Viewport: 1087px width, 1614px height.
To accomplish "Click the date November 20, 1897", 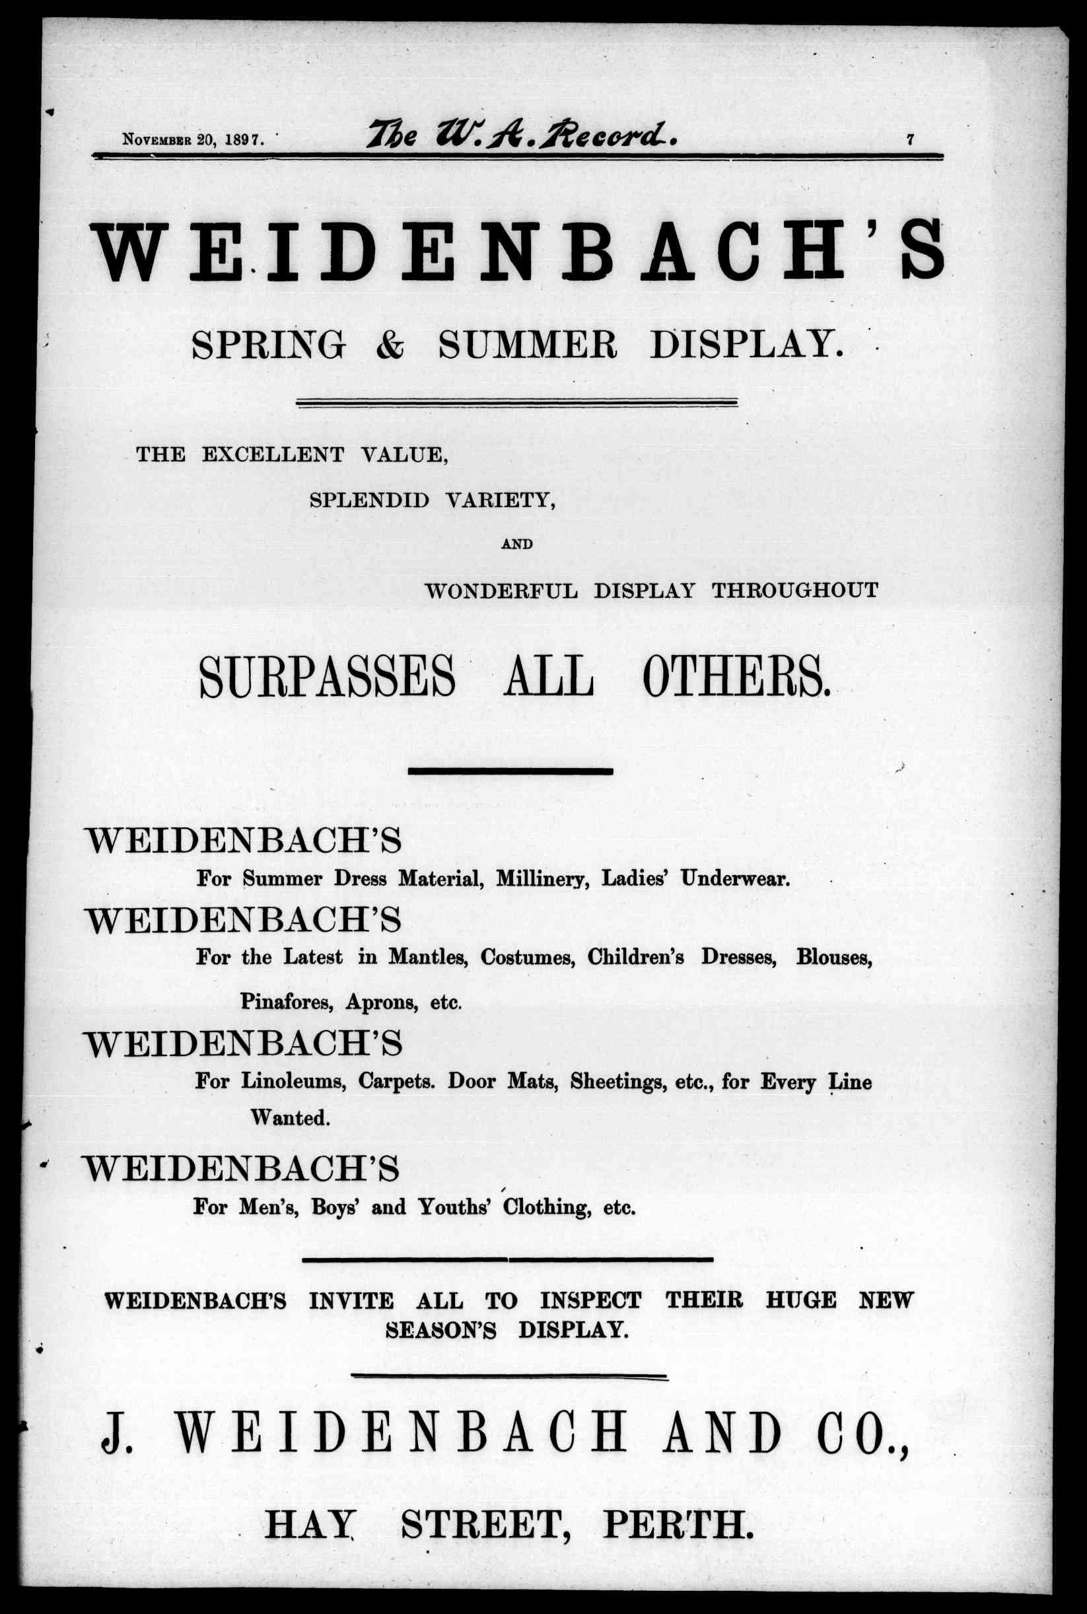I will coord(192,139).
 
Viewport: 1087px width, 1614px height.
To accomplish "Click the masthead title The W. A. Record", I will coord(523,134).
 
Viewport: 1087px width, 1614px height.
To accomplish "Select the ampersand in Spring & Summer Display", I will coord(391,345).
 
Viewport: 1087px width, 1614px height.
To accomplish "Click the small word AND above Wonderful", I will coord(516,544).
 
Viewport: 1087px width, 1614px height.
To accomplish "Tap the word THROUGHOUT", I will coord(795,590).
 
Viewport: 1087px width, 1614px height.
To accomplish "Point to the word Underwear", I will coord(735,879).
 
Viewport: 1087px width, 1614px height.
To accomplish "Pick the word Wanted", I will coord(289,1117).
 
